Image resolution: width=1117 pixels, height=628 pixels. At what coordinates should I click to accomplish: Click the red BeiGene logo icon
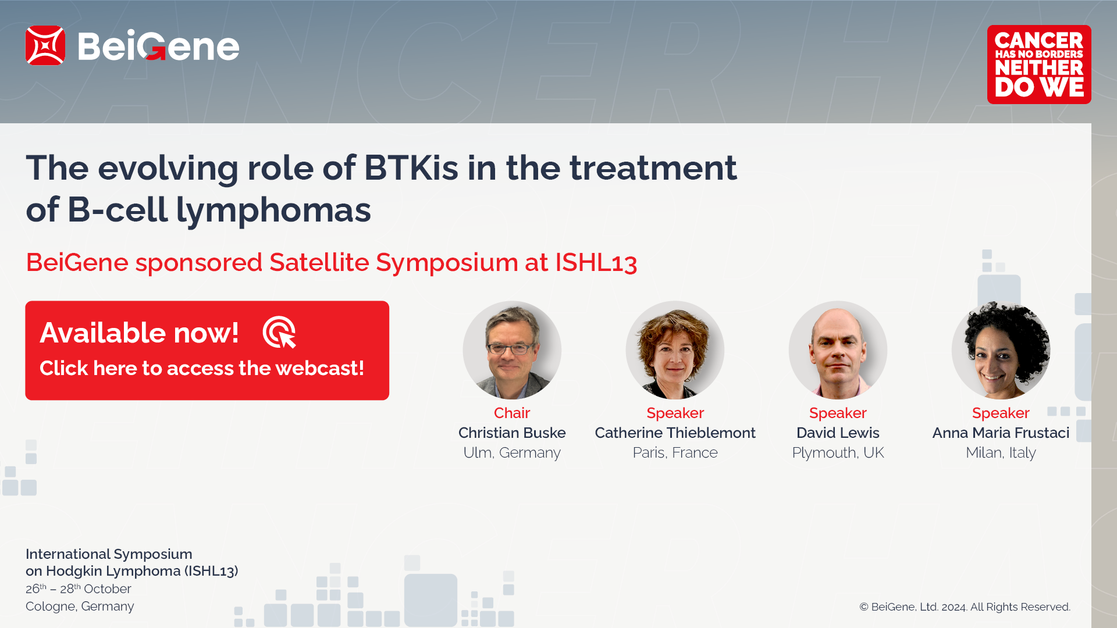[45, 45]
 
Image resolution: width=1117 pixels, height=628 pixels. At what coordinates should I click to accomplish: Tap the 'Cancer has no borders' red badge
[1039, 65]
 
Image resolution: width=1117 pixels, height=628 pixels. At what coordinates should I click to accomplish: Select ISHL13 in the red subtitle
[596, 262]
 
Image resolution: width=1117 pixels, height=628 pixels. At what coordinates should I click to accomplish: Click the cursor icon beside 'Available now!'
[280, 333]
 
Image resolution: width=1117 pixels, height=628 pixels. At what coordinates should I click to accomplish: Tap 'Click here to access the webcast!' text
[202, 368]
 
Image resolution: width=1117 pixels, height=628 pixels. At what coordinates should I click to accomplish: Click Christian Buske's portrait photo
[512, 350]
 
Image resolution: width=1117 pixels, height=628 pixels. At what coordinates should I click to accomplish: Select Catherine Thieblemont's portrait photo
[675, 350]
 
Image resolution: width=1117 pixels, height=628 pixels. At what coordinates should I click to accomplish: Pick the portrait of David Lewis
[838, 350]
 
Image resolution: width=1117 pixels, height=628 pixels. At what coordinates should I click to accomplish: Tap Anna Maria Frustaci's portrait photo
[1001, 350]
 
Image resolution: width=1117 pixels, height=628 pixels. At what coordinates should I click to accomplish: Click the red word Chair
[512, 413]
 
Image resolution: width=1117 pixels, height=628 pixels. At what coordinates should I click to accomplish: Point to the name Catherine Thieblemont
[675, 433]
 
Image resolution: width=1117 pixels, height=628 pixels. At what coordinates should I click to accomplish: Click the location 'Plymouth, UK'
[838, 452]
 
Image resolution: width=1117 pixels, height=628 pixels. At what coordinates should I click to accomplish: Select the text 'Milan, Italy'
[1001, 452]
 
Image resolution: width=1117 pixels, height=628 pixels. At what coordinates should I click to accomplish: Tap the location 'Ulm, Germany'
[512, 452]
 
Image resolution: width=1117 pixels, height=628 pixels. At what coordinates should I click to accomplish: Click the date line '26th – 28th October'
[79, 588]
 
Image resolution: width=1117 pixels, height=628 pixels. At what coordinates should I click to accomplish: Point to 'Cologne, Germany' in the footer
[80, 606]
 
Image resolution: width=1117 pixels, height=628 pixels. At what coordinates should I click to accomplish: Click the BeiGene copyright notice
[965, 607]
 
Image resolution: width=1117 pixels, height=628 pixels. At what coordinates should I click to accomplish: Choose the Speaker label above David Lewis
[838, 413]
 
